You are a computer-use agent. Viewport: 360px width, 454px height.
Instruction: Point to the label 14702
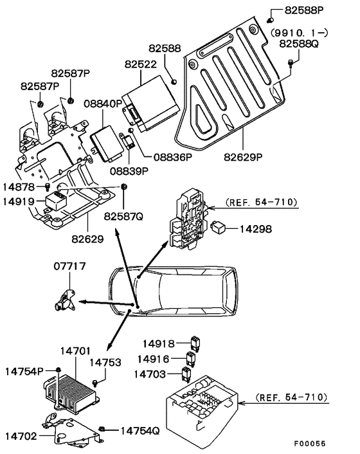[21, 435]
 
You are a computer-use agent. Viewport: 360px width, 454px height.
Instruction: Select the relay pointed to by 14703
[188, 373]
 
